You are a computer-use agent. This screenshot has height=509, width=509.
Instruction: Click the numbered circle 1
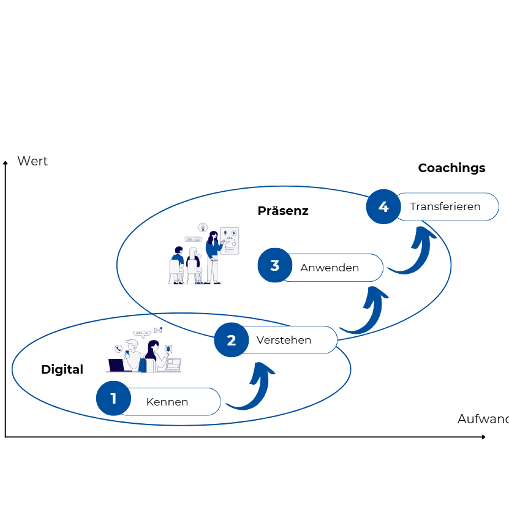pyautogui.click(x=113, y=399)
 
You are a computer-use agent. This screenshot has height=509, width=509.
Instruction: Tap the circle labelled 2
pyautogui.click(x=231, y=340)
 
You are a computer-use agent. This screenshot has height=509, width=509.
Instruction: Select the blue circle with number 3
pyautogui.click(x=274, y=266)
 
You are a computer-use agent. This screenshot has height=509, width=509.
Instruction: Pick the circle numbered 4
pyautogui.click(x=383, y=206)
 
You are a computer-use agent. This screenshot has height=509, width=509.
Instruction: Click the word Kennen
pyautogui.click(x=167, y=402)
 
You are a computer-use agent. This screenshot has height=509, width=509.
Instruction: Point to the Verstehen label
pyautogui.click(x=284, y=340)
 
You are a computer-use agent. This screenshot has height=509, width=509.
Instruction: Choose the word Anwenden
pyautogui.click(x=330, y=268)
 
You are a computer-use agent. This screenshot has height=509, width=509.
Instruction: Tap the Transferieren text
pyautogui.click(x=445, y=206)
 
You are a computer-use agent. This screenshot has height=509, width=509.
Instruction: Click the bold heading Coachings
pyautogui.click(x=451, y=168)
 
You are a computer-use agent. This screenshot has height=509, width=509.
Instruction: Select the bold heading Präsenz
pyautogui.click(x=283, y=211)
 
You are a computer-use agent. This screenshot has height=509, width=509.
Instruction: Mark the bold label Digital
pyautogui.click(x=62, y=369)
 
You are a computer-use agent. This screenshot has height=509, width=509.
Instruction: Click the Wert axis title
pyautogui.click(x=32, y=161)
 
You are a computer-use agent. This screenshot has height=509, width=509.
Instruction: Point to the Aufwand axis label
pyautogui.click(x=483, y=419)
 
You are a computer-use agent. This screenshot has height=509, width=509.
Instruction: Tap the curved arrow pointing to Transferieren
pyautogui.click(x=413, y=251)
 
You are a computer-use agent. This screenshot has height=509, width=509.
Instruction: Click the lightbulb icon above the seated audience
pyautogui.click(x=203, y=227)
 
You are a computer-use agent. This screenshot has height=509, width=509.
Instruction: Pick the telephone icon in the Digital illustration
pyautogui.click(x=118, y=349)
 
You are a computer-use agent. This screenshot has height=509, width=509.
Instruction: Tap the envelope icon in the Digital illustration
pyautogui.click(x=158, y=330)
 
